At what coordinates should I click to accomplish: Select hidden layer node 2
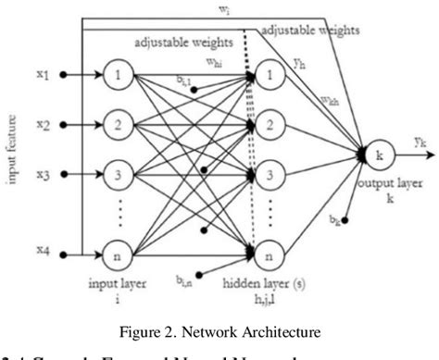269,122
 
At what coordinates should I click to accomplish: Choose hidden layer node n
269,248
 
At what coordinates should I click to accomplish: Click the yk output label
419,143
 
